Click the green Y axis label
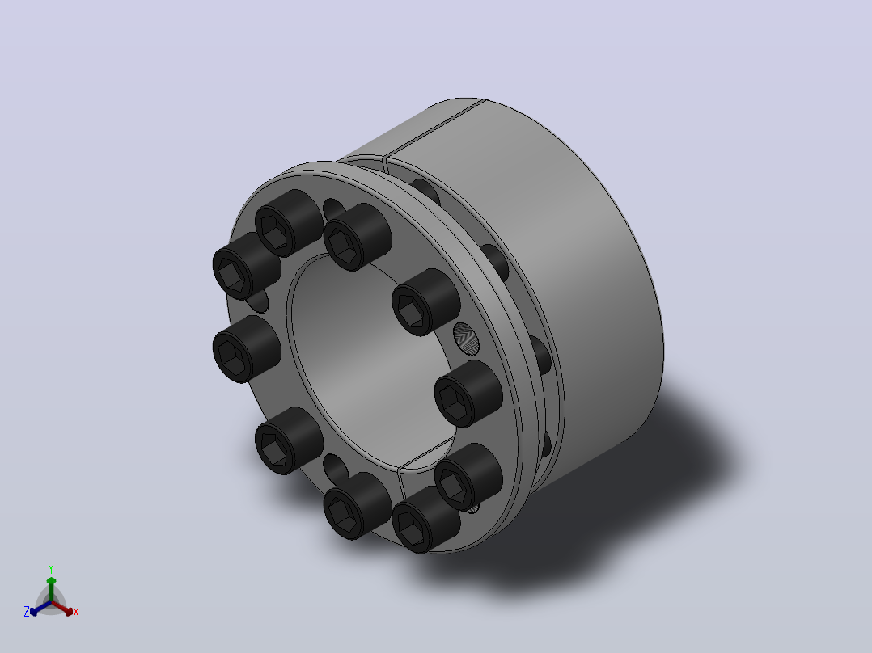click(51, 568)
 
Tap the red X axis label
click(76, 612)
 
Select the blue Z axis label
click(27, 612)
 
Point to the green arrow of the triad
click(51, 588)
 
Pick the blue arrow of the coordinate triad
click(40, 608)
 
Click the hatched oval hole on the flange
click(465, 338)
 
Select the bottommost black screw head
click(425, 519)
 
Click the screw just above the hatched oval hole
click(425, 301)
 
